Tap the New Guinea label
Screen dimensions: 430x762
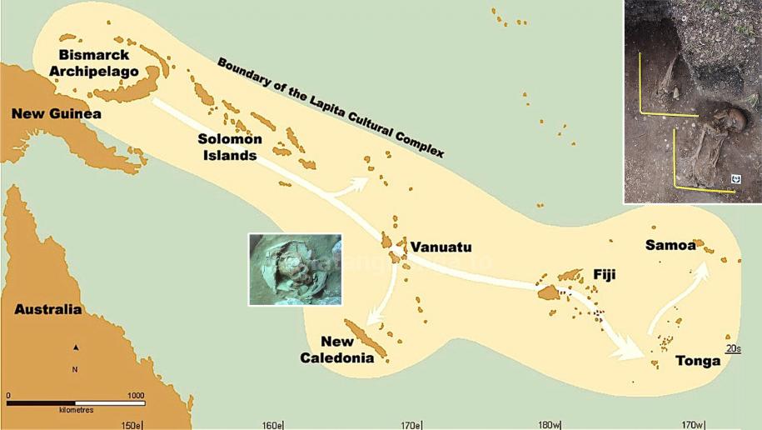click(57, 114)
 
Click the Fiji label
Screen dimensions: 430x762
click(604, 273)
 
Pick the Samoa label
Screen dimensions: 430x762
click(670, 244)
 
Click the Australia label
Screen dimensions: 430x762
click(48, 310)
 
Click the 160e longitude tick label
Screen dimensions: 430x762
click(272, 425)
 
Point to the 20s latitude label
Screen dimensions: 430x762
click(733, 348)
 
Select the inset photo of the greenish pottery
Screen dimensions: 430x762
click(295, 269)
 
